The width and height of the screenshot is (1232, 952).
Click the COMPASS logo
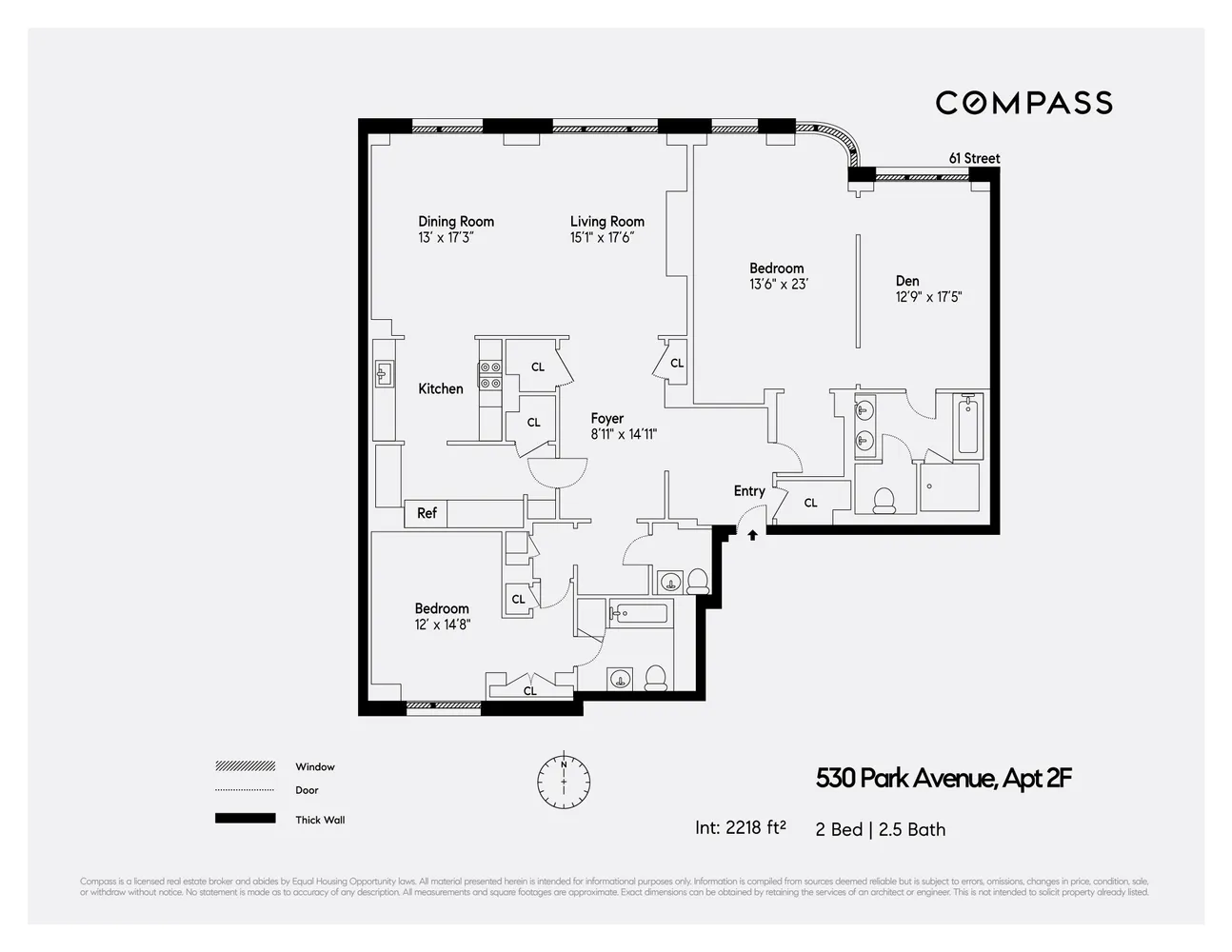pos(1023,103)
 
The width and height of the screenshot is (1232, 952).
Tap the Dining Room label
pos(456,222)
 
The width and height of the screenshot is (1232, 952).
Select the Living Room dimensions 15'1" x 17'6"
pos(602,238)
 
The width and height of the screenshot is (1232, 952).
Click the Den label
pos(907,281)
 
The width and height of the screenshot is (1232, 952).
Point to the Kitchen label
pos(441,388)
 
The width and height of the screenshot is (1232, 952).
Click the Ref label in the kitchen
pos(427,513)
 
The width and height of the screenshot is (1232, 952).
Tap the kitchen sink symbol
pos(385,373)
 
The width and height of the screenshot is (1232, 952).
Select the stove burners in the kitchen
pos(490,375)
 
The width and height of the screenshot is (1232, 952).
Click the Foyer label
pos(606,419)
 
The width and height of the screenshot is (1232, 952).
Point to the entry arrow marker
pos(752,535)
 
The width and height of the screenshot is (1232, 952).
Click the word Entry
pos(749,491)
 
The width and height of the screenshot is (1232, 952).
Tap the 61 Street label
pos(974,158)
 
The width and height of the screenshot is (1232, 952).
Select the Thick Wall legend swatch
pos(246,819)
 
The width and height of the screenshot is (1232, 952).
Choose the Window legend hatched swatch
pos(246,766)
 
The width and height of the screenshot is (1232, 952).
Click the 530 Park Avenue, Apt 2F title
pos(944,779)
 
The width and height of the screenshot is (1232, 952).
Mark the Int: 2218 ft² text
pos(740,828)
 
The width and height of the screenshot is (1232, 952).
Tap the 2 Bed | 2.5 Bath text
pos(880,829)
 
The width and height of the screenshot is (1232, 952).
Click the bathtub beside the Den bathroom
pos(968,425)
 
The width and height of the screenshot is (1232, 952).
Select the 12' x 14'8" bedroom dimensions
pos(442,625)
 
